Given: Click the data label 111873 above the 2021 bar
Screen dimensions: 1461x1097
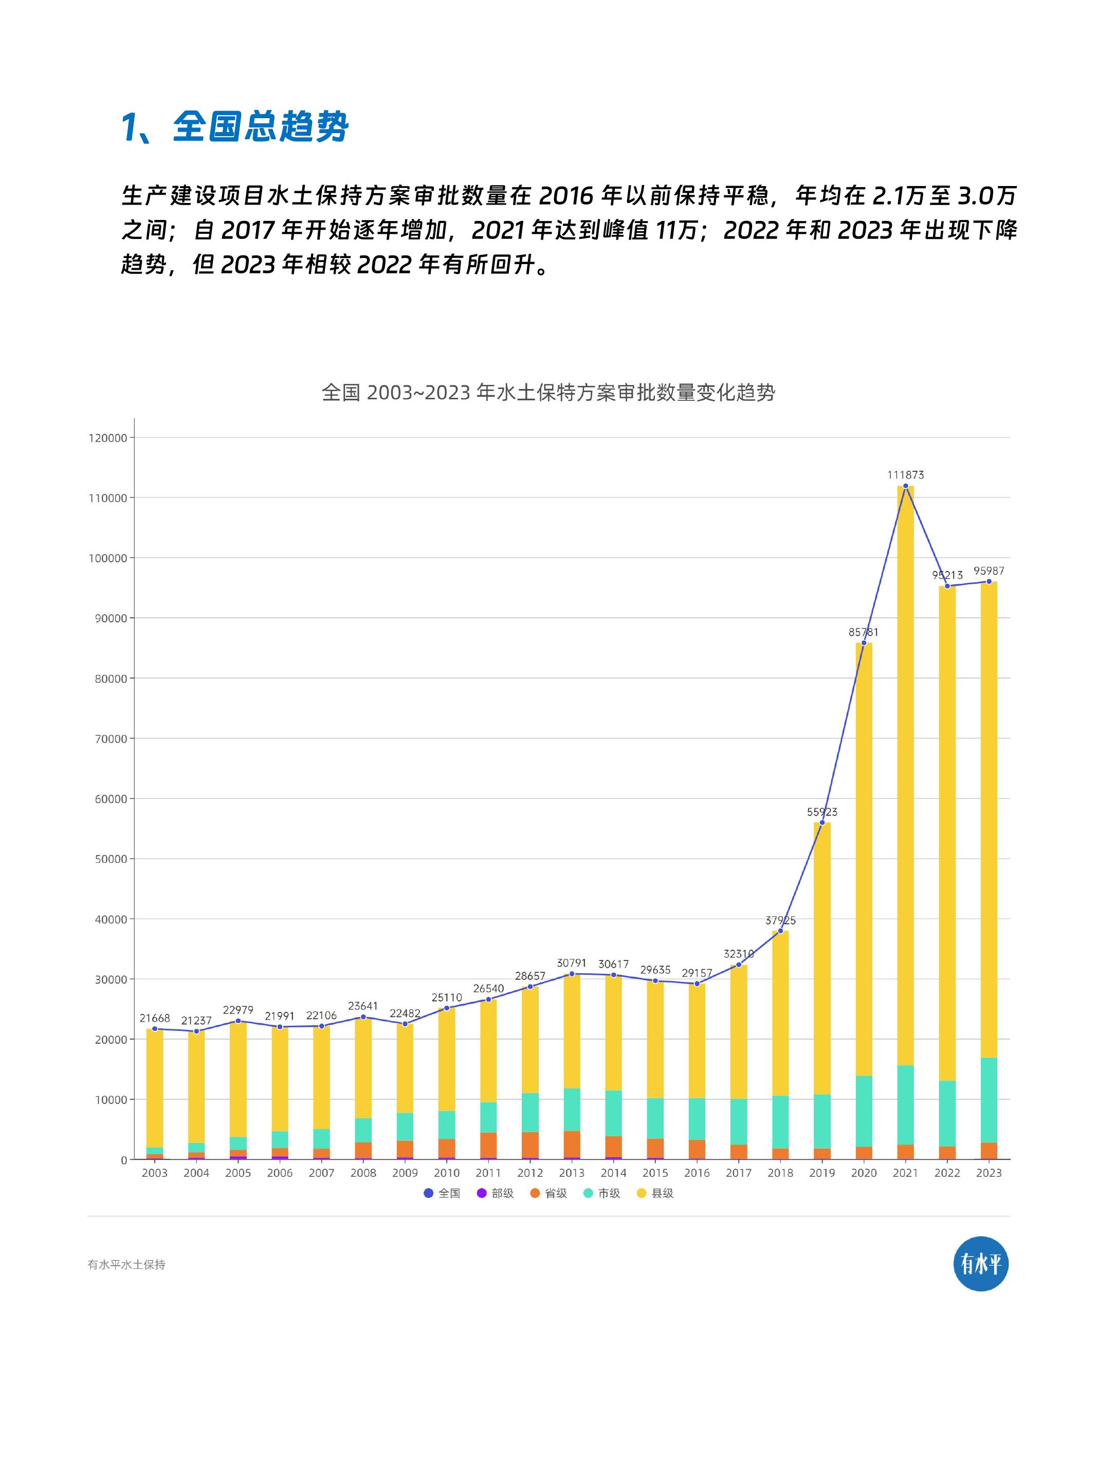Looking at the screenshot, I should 905,475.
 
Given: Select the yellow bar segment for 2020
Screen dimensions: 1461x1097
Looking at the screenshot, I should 863,859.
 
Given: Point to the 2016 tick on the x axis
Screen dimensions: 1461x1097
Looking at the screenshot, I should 697,1173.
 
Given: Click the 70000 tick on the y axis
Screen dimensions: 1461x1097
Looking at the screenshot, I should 107,739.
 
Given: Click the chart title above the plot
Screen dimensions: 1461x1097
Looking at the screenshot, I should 548,393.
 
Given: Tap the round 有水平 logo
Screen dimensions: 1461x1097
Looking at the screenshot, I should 981,1264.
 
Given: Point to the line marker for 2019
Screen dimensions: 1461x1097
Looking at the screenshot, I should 822,823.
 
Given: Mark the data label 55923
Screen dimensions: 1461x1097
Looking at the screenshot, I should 822,812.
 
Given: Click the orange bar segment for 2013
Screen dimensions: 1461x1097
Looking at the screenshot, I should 572,1144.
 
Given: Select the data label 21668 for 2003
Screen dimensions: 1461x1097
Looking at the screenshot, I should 155,1018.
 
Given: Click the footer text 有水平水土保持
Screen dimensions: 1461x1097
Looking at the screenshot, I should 126,1265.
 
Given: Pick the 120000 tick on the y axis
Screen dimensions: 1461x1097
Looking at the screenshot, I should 107,438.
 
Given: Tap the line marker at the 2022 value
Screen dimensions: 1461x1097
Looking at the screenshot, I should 947,586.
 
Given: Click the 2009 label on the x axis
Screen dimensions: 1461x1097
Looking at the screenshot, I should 405,1173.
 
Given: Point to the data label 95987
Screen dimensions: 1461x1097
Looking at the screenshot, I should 989,570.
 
